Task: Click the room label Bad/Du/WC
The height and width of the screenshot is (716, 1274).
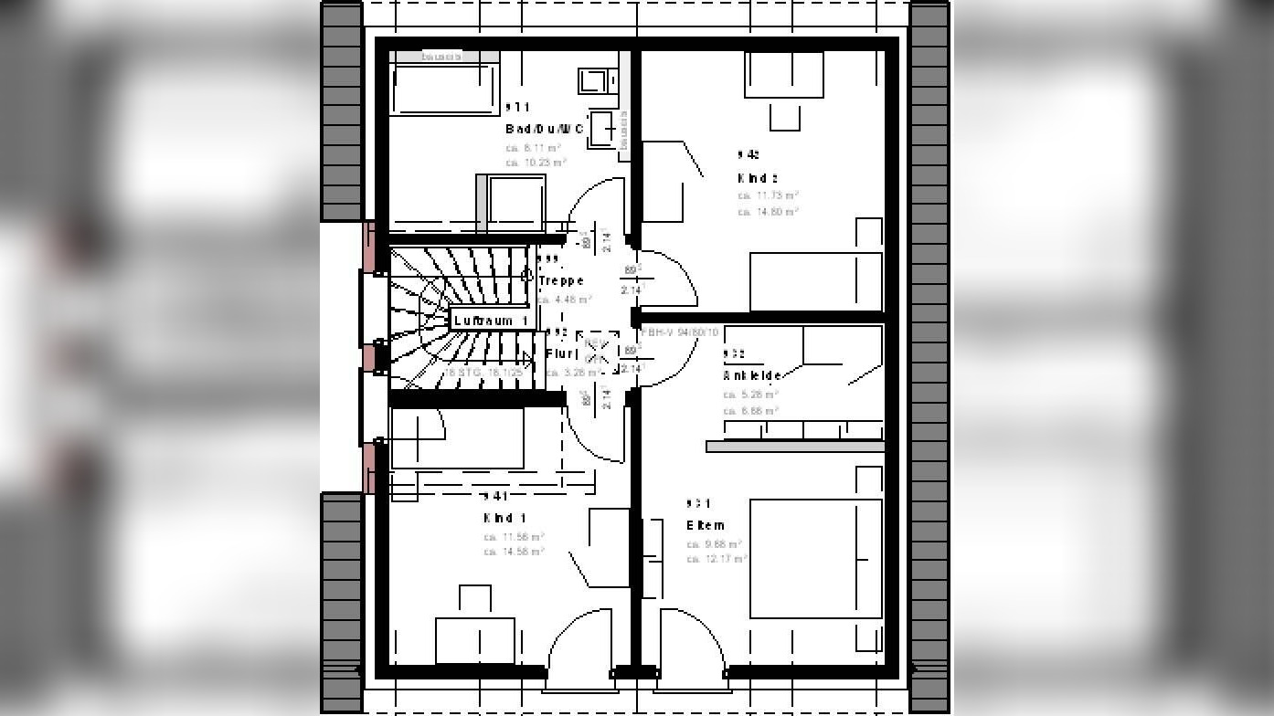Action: (545, 129)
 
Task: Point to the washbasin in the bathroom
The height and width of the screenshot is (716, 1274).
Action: (603, 129)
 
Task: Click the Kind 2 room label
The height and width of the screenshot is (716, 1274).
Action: (758, 178)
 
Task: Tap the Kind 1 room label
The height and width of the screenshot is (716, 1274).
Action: (504, 518)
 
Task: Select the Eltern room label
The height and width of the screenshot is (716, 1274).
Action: (706, 525)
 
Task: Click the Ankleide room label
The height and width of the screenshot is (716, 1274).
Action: (752, 375)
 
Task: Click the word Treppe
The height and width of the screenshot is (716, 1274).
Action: (561, 280)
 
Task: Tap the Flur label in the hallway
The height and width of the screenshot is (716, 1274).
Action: (562, 353)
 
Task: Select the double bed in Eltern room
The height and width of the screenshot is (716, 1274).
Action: (815, 558)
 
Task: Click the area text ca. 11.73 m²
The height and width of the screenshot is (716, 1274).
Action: (769, 195)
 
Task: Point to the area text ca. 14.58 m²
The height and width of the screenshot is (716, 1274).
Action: (515, 552)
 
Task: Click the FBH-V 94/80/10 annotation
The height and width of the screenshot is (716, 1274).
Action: (680, 332)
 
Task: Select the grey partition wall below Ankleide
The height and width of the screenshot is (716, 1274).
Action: (795, 447)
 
